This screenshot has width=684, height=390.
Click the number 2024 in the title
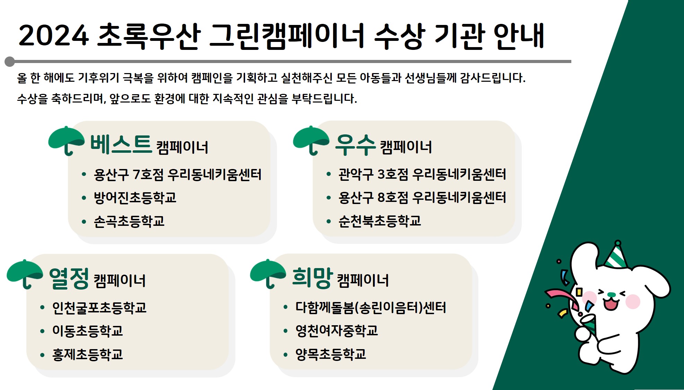click(53, 36)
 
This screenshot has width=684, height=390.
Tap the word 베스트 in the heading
click(121, 144)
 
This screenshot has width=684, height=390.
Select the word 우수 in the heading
click(355, 145)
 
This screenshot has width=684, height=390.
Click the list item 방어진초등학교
click(135, 197)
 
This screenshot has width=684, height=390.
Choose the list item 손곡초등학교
click(129, 221)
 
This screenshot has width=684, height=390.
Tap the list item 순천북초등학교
click(380, 221)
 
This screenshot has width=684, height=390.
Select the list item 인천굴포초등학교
click(99, 308)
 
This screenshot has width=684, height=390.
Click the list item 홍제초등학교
click(88, 354)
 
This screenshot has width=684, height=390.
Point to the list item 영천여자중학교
click(337, 331)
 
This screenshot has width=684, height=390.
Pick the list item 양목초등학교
click(331, 354)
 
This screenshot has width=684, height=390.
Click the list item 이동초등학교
click(88, 331)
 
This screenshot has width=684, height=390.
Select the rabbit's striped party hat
click(616, 256)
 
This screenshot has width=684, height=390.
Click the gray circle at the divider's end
click(10, 62)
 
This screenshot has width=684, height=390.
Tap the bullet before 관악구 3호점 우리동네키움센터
click(329, 174)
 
